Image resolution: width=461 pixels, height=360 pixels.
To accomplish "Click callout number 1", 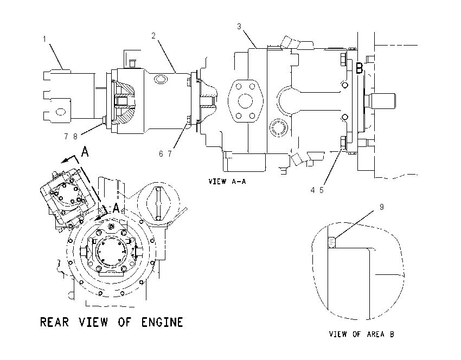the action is coord(44,39).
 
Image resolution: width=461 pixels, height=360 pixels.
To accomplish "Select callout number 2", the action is coord(153,36).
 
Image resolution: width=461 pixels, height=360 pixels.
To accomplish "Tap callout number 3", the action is coord(239,27).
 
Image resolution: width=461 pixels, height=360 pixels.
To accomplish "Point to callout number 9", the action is coord(382,207).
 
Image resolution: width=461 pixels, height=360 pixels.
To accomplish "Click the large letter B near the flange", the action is coord(360,68).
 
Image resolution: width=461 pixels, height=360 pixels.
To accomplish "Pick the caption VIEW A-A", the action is coord(227,181).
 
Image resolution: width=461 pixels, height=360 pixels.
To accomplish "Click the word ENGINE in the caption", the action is coord(162,322).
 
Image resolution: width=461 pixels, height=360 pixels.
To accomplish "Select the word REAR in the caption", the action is coord(54,322).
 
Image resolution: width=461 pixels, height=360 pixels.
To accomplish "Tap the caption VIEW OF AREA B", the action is coord(361,334).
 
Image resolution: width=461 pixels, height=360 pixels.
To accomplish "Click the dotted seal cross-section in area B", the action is coord(332,242).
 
